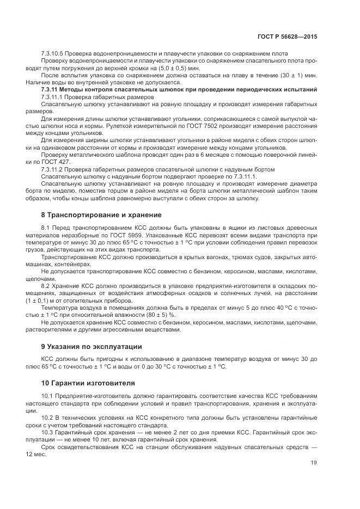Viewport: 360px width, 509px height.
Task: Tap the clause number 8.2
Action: pos(47,285)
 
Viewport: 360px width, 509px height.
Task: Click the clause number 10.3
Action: pos(48,431)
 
